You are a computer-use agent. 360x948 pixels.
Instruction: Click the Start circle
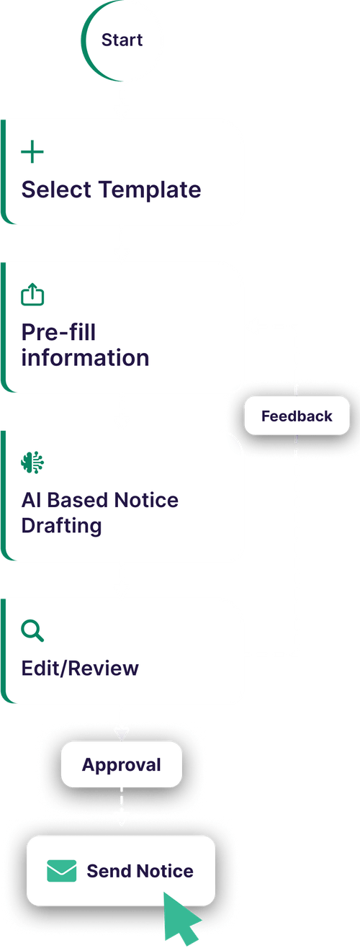[x=122, y=40]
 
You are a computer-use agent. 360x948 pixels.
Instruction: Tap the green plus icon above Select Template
[x=32, y=152]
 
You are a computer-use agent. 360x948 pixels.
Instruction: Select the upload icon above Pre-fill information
[x=32, y=295]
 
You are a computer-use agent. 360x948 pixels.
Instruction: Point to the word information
[x=85, y=358]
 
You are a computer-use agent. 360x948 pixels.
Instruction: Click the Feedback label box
[x=297, y=416]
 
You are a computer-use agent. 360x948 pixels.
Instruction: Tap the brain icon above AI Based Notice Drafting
[x=32, y=462]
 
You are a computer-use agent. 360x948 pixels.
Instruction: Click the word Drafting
[x=61, y=525]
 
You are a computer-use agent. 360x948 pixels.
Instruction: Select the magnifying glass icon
[x=32, y=631]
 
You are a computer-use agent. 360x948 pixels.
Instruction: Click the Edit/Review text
[x=80, y=668]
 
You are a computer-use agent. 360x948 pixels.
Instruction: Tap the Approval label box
[x=121, y=765]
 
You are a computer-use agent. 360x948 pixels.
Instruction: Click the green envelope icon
[x=62, y=871]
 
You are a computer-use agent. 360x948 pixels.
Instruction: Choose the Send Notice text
[x=140, y=871]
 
